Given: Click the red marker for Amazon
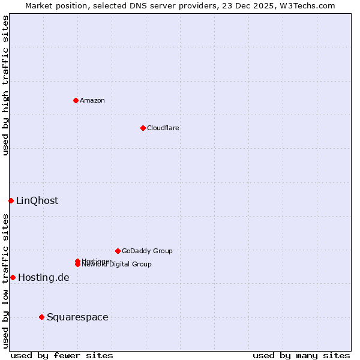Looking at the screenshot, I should pyautogui.click(x=76, y=100).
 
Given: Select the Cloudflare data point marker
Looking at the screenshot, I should pyautogui.click(x=143, y=128).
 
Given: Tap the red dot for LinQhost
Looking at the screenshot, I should pyautogui.click(x=11, y=200).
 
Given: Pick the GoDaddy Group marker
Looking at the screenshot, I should pyautogui.click(x=118, y=251).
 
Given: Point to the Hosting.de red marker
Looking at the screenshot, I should pyautogui.click(x=13, y=277).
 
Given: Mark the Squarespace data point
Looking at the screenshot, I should pyautogui.click(x=41, y=317).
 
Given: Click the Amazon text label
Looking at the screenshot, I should pyautogui.click(x=92, y=100).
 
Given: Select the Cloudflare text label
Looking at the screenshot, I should pyautogui.click(x=163, y=128).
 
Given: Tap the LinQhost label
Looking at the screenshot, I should pyautogui.click(x=37, y=200).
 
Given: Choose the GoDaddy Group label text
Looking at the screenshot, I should pyautogui.click(x=147, y=251).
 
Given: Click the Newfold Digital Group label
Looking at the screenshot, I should pyautogui.click(x=116, y=265).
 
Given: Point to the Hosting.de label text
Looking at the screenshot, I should pyautogui.click(x=44, y=277).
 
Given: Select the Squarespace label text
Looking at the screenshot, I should pyautogui.click(x=77, y=317).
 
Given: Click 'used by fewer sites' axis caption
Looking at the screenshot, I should pyautogui.click(x=62, y=356).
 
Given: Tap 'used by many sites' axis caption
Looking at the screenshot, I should pyautogui.click(x=301, y=356).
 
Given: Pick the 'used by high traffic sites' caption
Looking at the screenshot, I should pyautogui.click(x=5, y=85).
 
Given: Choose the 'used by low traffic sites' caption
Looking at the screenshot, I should pyautogui.click(x=5, y=280).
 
